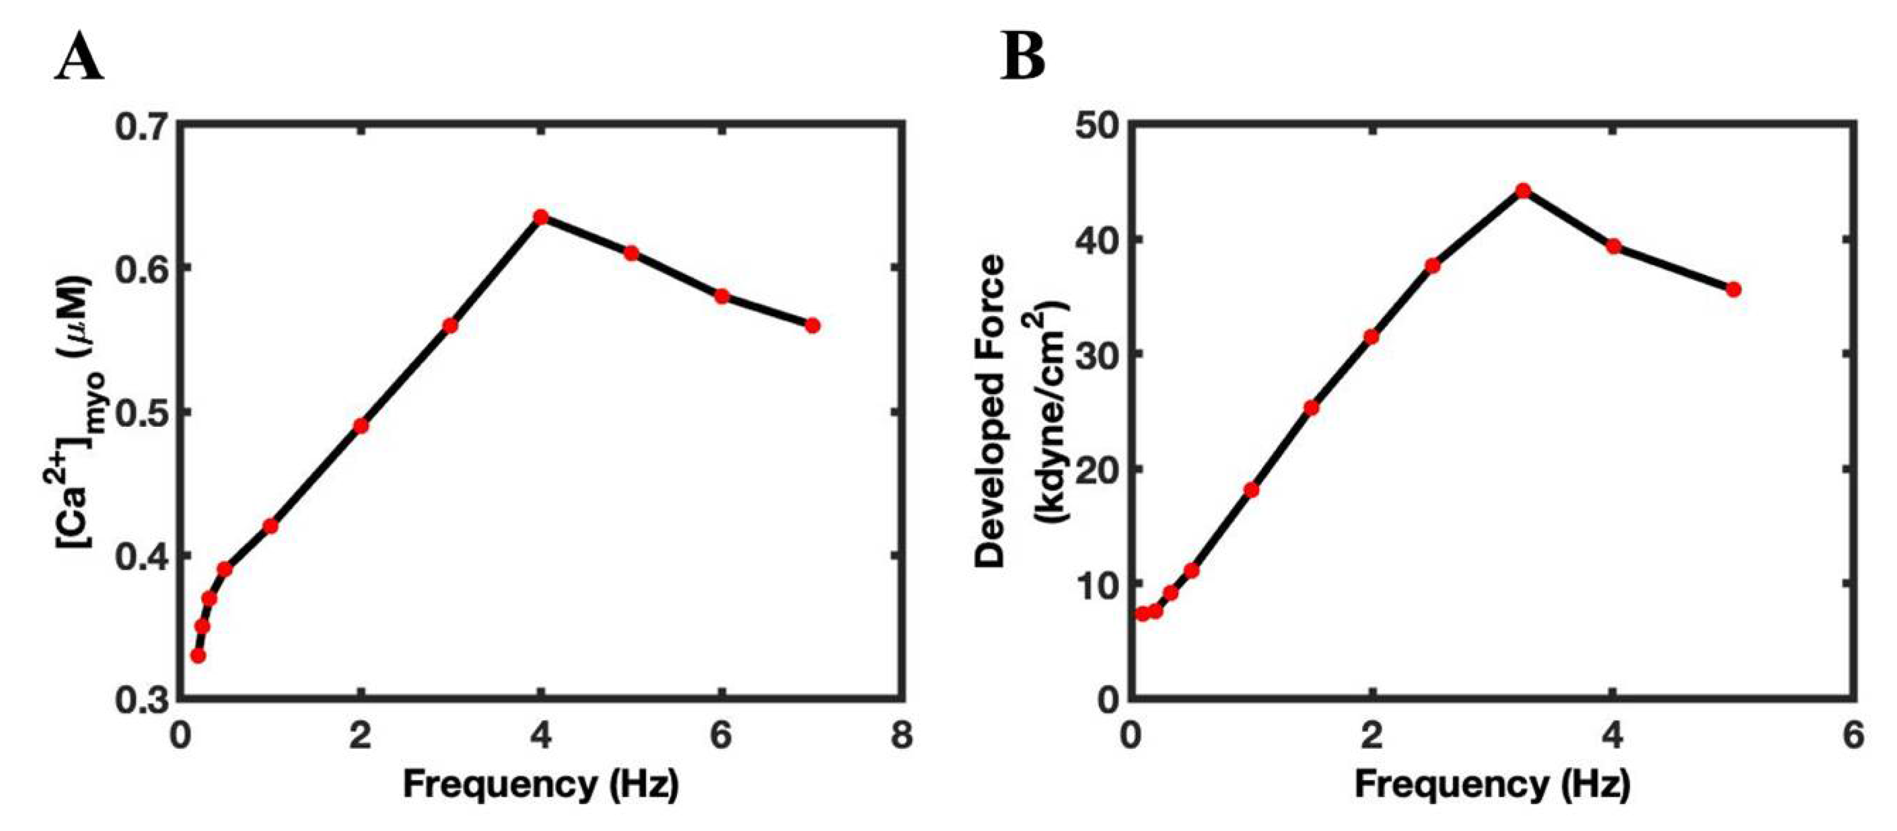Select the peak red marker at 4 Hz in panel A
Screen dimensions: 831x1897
tap(540, 217)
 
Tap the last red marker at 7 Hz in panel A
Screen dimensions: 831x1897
tap(812, 325)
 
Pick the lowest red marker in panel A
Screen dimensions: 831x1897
tap(198, 655)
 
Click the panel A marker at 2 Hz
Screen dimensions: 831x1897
tap(360, 425)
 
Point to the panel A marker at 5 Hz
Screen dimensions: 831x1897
tap(631, 253)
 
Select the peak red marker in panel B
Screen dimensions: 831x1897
tap(1523, 191)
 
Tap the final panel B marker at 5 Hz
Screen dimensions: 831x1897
tap(1734, 289)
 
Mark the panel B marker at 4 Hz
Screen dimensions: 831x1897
tap(1614, 246)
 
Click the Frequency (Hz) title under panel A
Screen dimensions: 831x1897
tap(540, 785)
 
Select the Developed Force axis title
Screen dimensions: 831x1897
tap(990, 413)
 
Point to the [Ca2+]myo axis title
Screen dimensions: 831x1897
tap(74, 413)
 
